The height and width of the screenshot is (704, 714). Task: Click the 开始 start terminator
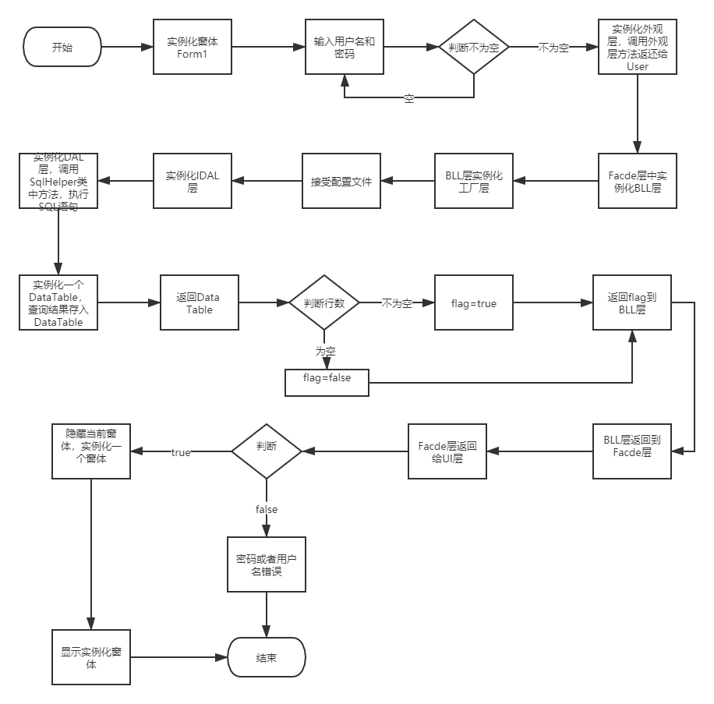[63, 47]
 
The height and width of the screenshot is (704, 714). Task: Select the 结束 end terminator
[267, 657]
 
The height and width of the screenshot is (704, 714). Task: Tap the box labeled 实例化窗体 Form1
[192, 47]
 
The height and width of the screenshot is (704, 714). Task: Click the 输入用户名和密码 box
[344, 47]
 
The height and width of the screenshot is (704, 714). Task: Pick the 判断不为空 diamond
[474, 47]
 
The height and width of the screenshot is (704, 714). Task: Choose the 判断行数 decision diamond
[324, 302]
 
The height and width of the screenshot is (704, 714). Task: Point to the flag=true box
[474, 302]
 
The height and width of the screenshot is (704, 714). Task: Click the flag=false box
[327, 378]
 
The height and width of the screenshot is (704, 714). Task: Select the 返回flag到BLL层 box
[631, 303]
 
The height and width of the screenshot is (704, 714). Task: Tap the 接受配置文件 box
[341, 182]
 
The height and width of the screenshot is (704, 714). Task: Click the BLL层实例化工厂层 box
[474, 182]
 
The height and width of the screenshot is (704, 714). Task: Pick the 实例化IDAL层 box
[192, 182]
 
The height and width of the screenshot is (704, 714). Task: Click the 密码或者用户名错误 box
[267, 564]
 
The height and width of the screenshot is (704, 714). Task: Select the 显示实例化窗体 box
[91, 658]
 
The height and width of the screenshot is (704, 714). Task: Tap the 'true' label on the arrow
[181, 451]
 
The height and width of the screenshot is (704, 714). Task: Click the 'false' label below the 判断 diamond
[267, 508]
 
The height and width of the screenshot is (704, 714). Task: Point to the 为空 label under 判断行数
[325, 351]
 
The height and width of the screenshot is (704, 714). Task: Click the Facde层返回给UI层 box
[447, 451]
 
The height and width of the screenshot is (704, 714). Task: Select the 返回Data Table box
[198, 303]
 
